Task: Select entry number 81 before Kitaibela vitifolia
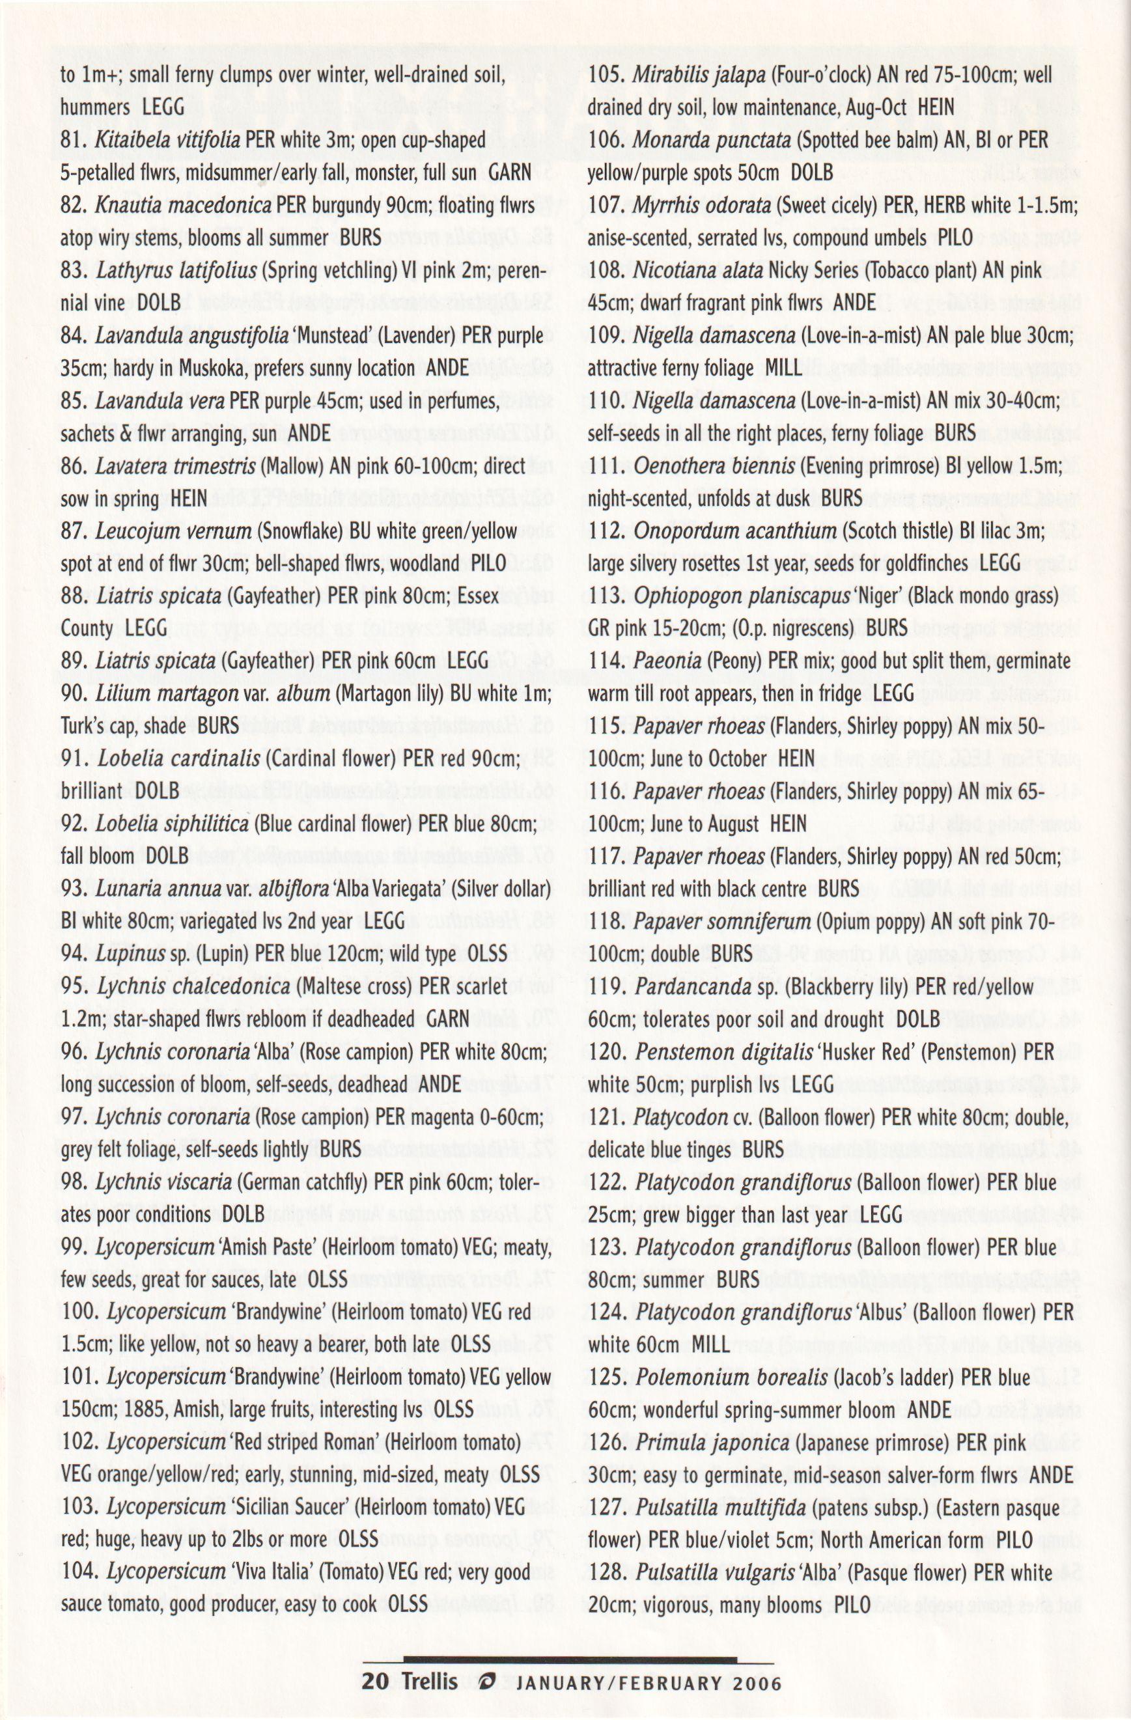click(74, 139)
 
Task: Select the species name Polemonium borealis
click(732, 1378)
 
